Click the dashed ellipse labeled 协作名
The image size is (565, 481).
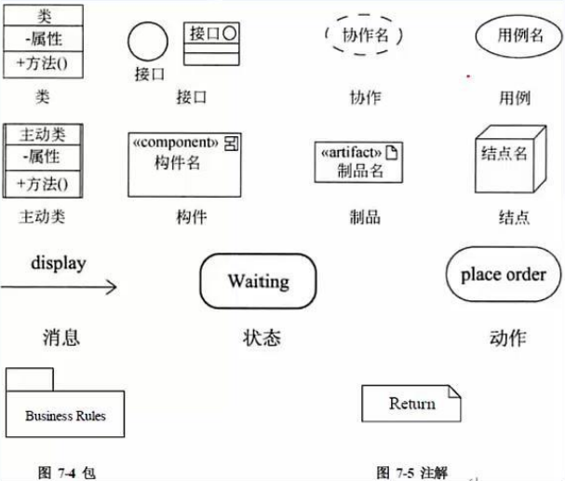[365, 36]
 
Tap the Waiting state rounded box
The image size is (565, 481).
[258, 281]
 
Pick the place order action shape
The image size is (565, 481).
[504, 275]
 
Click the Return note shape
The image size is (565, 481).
[410, 404]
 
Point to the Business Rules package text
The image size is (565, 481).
[64, 416]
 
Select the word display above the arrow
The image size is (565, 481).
[58, 263]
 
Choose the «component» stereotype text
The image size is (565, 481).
[176, 144]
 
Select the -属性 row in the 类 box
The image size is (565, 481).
[43, 39]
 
